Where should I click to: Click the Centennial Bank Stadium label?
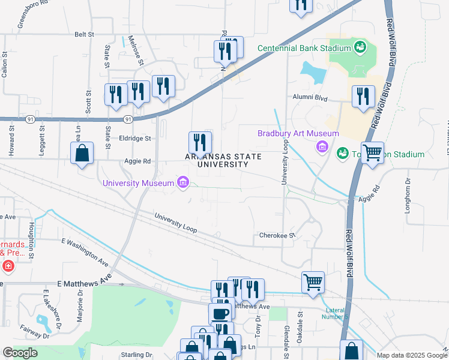click(x=304, y=48)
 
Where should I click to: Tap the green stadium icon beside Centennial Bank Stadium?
click(x=360, y=47)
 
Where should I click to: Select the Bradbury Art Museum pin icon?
click(x=322, y=146)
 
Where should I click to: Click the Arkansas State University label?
click(x=223, y=161)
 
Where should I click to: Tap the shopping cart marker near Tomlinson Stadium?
click(x=372, y=153)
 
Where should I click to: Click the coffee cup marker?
click(x=219, y=313)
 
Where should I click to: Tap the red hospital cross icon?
click(x=8, y=266)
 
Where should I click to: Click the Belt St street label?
click(x=85, y=35)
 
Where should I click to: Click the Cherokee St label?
click(x=277, y=236)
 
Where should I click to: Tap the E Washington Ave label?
click(x=85, y=254)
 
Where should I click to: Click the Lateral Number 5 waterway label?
click(x=336, y=313)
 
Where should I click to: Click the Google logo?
click(x=20, y=353)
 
